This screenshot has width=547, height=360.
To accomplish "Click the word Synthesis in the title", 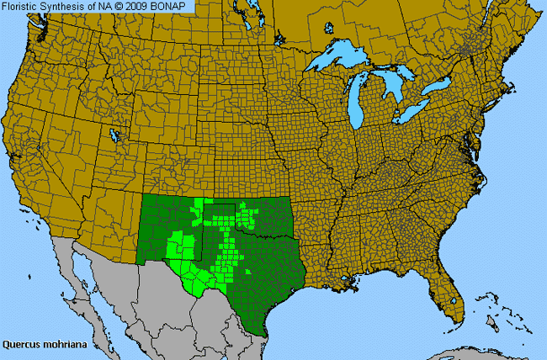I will pos(66,7).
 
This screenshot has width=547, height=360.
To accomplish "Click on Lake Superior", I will pos(341,61).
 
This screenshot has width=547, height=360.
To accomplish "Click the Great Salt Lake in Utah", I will pos(114,134).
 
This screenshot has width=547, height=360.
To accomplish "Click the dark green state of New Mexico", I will pos(164,227).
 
